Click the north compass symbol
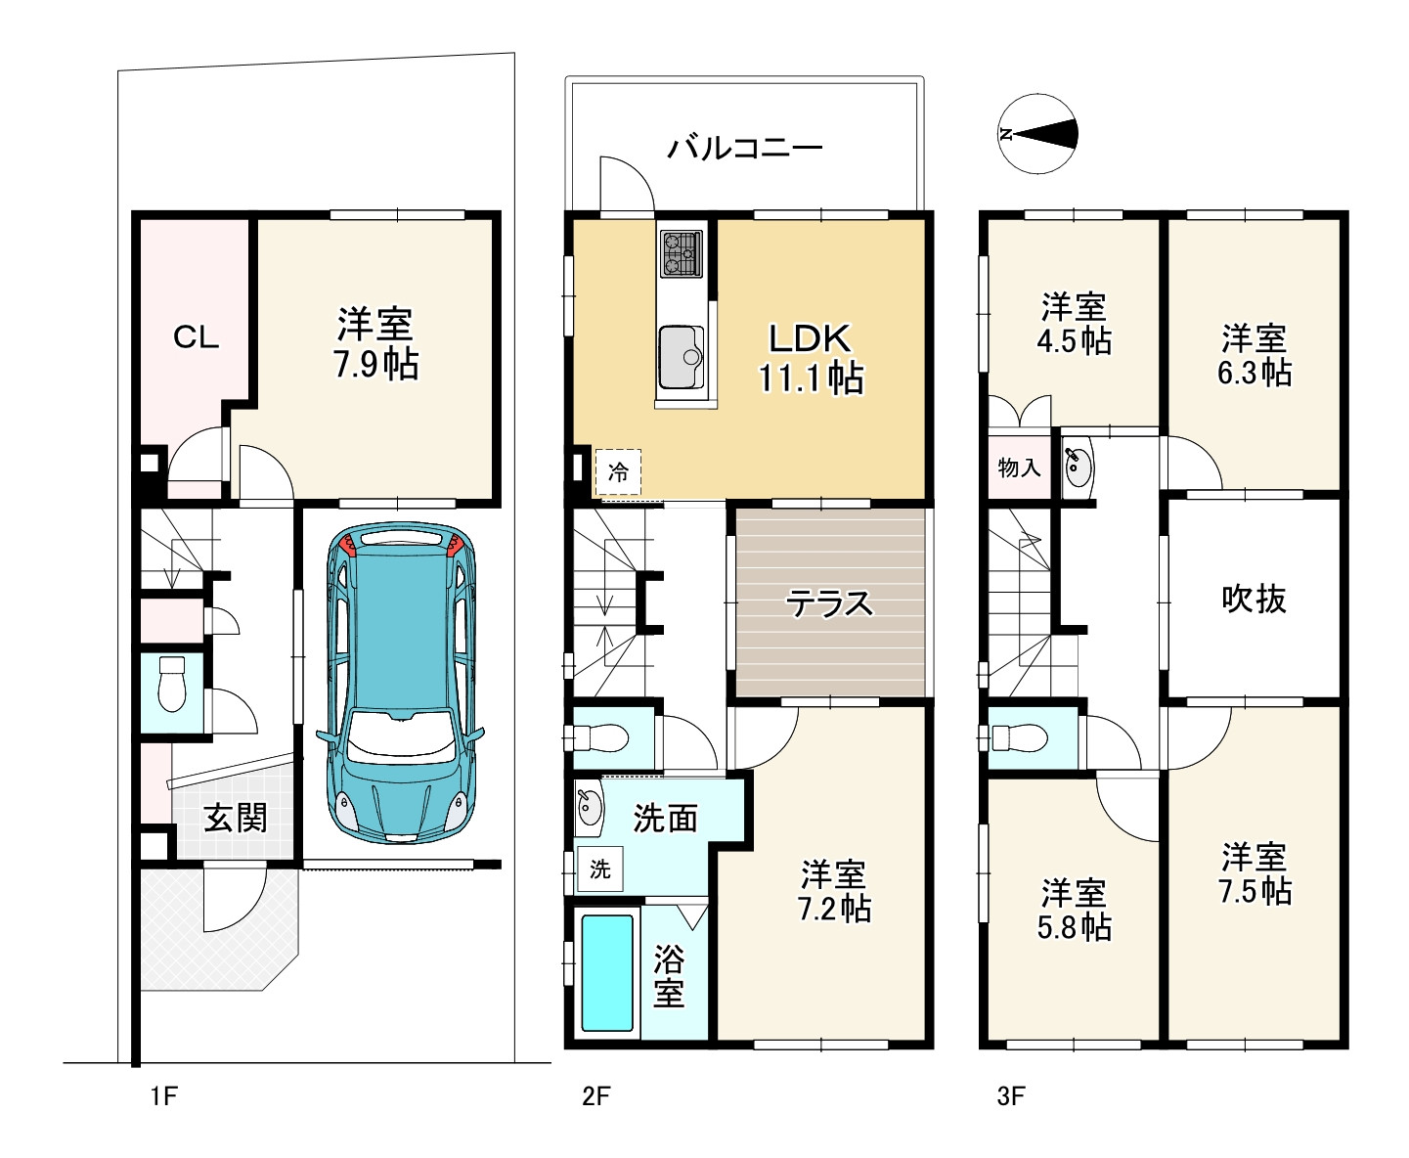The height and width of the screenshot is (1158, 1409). click(1037, 134)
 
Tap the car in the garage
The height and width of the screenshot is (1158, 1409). click(401, 683)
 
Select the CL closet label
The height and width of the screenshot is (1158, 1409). click(196, 337)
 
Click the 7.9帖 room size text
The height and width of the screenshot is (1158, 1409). click(376, 365)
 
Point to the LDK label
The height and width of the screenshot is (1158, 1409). click(811, 338)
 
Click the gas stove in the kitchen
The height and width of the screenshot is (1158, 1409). click(682, 254)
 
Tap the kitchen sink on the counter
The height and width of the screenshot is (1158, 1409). click(682, 358)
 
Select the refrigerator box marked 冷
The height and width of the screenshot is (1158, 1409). click(618, 472)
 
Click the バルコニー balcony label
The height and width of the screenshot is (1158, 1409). click(746, 148)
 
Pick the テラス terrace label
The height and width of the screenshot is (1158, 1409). click(829, 603)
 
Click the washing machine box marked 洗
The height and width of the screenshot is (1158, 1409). click(600, 868)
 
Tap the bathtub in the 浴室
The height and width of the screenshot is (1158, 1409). click(607, 972)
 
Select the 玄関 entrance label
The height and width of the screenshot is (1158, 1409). click(236, 819)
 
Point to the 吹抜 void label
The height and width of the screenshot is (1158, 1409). click(1254, 600)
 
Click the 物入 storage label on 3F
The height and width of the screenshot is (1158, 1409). click(1020, 468)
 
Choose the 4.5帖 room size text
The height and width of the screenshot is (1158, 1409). click(1075, 341)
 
